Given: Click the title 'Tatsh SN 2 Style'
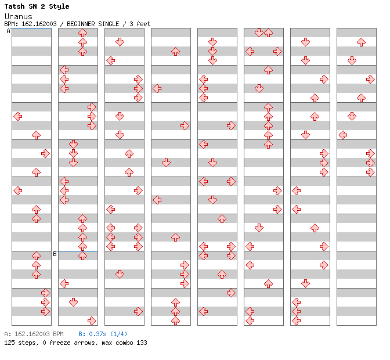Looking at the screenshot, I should click(37, 6).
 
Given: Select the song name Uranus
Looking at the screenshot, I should click(18, 16).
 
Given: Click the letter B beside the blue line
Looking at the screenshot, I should click(55, 254).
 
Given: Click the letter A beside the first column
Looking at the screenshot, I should click(9, 31).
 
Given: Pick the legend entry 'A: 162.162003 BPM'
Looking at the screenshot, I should click(34, 334).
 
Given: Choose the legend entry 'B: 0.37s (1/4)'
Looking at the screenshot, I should click(103, 334).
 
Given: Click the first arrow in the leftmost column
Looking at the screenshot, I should click(18, 116).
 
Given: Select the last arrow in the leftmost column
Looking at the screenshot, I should click(45, 311).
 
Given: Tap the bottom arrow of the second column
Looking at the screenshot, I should click(92, 321).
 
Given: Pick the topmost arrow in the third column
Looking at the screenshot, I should click(120, 42).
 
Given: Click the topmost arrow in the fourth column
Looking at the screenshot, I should click(175, 51).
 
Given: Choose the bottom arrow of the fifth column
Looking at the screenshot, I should click(203, 311).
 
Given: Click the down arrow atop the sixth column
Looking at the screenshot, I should click(259, 33).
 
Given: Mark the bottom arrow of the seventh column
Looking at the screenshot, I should click(296, 321).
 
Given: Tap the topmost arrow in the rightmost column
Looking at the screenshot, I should click(361, 42).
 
